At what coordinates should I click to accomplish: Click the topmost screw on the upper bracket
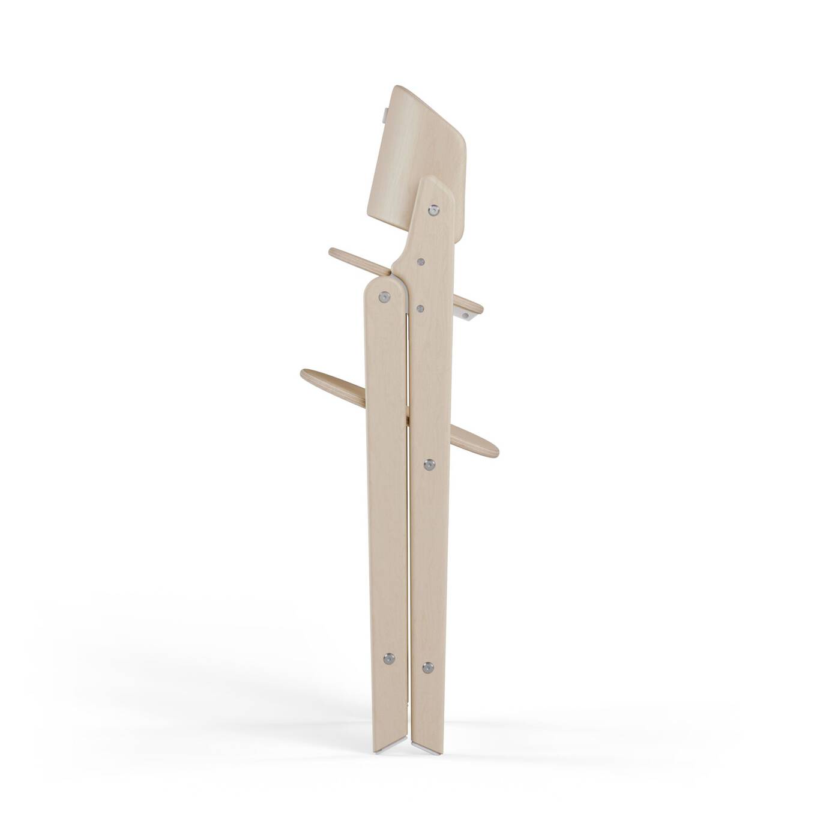pos(433,210)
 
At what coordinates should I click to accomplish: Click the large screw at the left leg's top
pos(384,296)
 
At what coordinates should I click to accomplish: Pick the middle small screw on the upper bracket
pos(421,262)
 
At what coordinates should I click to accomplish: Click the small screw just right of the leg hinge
pos(420,309)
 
